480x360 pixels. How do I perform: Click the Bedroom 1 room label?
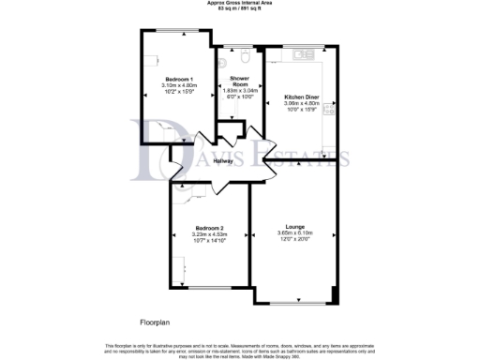point(178,78)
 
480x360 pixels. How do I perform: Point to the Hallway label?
point(223,161)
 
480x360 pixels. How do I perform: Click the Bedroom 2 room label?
point(209,228)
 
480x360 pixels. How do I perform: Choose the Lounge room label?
point(295,228)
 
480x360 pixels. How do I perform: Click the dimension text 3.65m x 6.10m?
point(295,233)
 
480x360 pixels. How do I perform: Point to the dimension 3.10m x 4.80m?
point(178,84)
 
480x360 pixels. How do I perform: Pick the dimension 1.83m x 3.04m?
point(238,90)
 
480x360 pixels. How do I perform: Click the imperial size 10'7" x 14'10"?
point(209,240)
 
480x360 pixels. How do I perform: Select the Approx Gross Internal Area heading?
point(240,3)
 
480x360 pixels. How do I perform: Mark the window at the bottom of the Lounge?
point(295,302)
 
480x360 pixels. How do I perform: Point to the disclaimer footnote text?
point(240,347)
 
